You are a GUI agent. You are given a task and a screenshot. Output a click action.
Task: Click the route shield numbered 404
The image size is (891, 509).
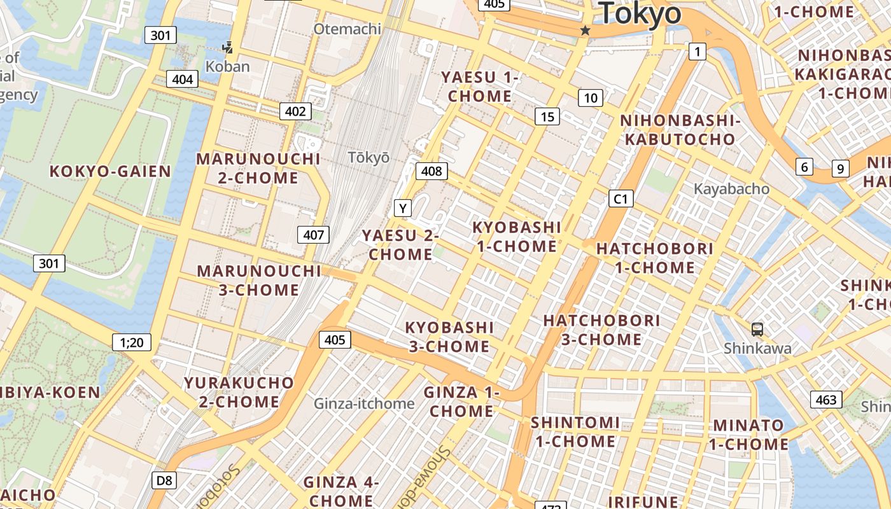(182, 79)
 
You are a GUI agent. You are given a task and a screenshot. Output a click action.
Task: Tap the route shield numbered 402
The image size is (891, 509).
(295, 111)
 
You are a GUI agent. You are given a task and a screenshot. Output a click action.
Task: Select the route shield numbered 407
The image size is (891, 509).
(314, 235)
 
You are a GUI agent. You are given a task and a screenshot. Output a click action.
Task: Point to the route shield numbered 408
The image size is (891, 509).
(431, 171)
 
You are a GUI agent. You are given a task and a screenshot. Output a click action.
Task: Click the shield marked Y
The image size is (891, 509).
(402, 208)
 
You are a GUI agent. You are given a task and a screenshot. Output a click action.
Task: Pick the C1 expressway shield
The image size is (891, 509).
(621, 199)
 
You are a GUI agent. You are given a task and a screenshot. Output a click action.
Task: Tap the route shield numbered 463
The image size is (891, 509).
(826, 400)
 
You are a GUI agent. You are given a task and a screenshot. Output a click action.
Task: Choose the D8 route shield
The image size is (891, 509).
(164, 480)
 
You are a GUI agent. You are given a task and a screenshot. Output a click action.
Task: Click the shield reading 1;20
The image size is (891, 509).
(132, 342)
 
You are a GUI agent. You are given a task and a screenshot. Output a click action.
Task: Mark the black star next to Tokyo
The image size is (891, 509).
(586, 31)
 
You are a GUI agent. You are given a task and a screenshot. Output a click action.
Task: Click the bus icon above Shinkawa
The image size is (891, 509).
(757, 330)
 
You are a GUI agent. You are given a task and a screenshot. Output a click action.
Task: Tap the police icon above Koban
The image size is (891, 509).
(227, 48)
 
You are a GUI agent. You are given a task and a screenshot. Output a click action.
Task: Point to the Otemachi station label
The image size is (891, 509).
(347, 29)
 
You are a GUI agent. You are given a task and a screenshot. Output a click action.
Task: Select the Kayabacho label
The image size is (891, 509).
(731, 189)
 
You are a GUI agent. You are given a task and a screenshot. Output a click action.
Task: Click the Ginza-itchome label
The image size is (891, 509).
(364, 403)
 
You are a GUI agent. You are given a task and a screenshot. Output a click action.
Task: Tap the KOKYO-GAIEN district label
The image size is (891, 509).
(110, 171)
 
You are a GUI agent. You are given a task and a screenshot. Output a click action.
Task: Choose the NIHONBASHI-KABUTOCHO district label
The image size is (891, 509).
(680, 130)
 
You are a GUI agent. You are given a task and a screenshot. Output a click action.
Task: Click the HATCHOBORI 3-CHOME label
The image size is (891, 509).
(601, 330)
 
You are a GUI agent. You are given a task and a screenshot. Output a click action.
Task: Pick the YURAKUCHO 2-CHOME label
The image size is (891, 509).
(239, 392)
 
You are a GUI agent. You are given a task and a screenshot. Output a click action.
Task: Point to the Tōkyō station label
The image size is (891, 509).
(368, 157)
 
